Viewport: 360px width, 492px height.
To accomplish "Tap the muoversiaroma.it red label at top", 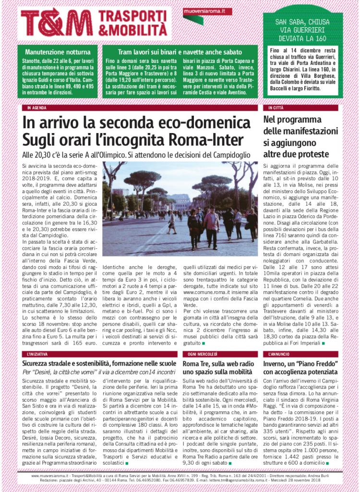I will pos(207,11).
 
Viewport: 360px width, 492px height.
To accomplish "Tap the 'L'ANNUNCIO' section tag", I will pos(279,354).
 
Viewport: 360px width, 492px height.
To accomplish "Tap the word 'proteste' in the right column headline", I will pos(313,154).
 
